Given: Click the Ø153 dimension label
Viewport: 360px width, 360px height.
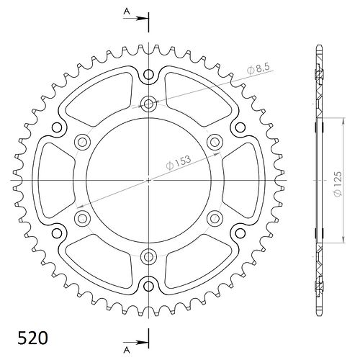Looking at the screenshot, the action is point(179,163).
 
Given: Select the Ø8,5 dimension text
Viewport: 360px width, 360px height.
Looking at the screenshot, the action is point(259,68).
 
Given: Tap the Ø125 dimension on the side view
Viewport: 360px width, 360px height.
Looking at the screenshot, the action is point(338,184).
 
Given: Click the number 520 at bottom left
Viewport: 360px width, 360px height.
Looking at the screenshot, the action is point(32,338).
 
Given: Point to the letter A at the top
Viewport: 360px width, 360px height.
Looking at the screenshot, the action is point(127,11).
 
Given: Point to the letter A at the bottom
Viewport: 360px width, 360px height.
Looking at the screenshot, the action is point(127,351).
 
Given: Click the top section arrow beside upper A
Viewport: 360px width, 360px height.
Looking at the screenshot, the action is point(135,19).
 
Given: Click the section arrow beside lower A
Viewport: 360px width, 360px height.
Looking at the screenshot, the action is point(135,342).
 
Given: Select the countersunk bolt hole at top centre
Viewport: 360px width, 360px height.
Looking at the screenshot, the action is point(148,104).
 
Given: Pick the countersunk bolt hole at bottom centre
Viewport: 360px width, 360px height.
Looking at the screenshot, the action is point(148,256).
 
